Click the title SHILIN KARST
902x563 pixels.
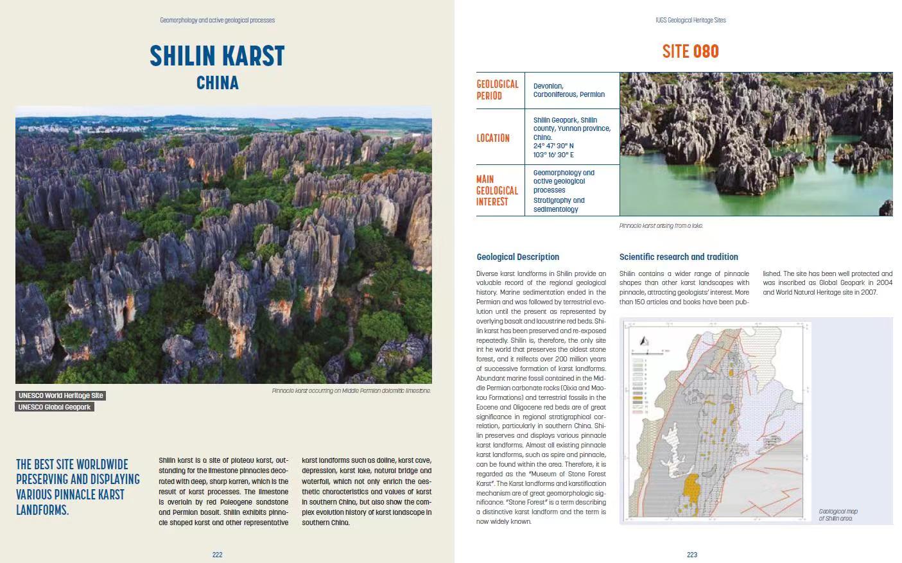[217, 56]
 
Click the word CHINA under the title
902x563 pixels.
[217, 83]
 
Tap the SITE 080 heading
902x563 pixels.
[690, 52]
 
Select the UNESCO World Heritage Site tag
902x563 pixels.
[60, 395]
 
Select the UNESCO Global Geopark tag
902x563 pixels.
[55, 407]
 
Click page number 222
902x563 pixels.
[217, 555]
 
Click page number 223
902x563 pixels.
[691, 555]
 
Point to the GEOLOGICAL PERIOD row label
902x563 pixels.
[497, 90]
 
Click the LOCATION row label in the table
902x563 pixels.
[492, 138]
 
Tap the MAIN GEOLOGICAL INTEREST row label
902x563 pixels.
[497, 191]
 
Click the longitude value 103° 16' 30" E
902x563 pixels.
[553, 155]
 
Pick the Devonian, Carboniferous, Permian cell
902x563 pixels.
[569, 90]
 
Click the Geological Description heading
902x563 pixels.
[517, 257]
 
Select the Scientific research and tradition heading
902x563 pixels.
[678, 257]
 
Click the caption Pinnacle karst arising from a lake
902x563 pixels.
[661, 226]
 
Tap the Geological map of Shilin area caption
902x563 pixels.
[838, 515]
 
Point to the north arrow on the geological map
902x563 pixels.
[645, 342]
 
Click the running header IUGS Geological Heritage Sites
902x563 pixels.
[691, 20]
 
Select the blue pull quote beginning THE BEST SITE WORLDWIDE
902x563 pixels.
[78, 487]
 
